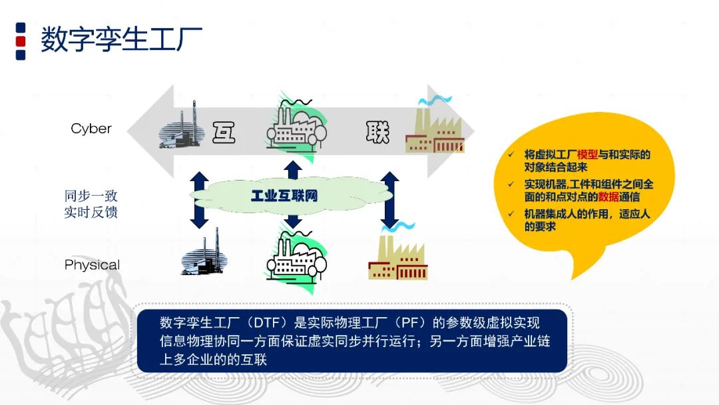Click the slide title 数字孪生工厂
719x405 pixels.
(x=121, y=40)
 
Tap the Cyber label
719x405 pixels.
(x=91, y=129)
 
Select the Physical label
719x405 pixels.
(x=92, y=264)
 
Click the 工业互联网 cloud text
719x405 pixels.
(x=284, y=196)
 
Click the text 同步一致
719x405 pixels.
(x=91, y=196)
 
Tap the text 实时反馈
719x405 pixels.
(x=91, y=212)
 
